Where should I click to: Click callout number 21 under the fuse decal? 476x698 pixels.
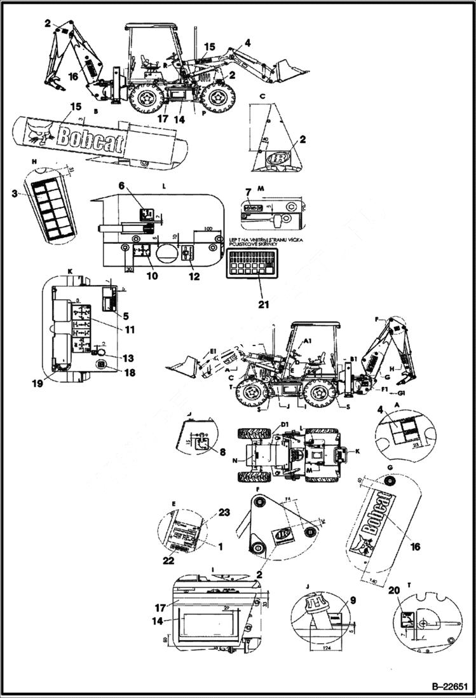point(262,304)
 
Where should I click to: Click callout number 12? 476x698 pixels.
point(194,277)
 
